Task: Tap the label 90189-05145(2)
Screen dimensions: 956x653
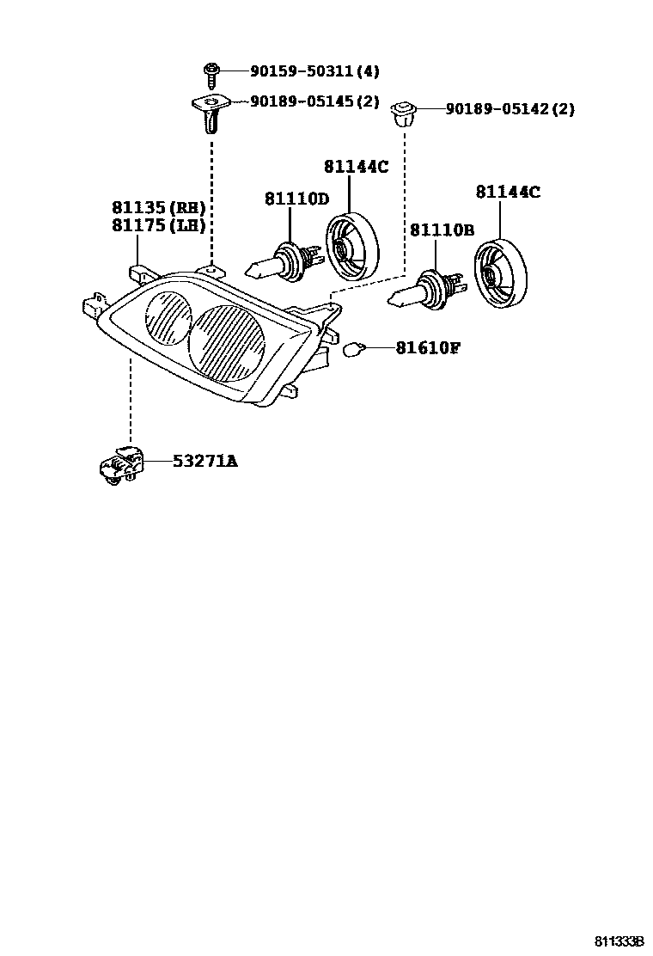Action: pos(314,101)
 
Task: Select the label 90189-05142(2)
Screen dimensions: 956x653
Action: pos(510,109)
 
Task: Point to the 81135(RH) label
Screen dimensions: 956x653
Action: pos(158,207)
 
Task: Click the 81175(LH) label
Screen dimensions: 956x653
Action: pos(158,225)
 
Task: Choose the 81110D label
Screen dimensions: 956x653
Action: pos(296,199)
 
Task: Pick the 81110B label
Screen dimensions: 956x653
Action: pos(442,230)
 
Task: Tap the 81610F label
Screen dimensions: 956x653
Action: pos(428,348)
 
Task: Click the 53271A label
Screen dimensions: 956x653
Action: pos(204,462)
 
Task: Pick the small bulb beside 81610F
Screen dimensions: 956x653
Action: pos(352,348)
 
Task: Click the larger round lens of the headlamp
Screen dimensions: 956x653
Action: pos(225,343)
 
